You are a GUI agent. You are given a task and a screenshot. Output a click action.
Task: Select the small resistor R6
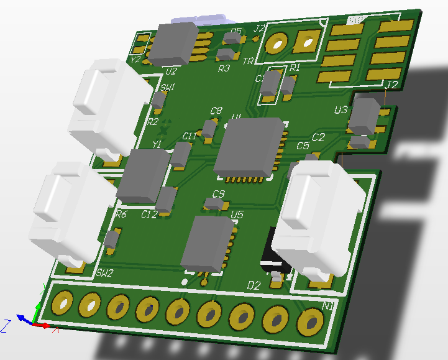112,238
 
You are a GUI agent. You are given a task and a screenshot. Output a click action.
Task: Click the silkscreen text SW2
105,272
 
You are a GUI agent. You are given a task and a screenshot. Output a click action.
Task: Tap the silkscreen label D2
254,285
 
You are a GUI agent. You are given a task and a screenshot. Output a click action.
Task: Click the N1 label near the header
329,306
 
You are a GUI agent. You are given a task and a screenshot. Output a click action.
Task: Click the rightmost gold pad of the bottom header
308,323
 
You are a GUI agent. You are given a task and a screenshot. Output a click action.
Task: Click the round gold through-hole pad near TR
276,44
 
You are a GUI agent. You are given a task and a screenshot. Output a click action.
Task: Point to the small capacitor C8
209,129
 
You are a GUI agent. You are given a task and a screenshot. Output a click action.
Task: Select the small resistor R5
232,39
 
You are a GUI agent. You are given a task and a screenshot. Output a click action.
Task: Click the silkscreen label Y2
135,60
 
